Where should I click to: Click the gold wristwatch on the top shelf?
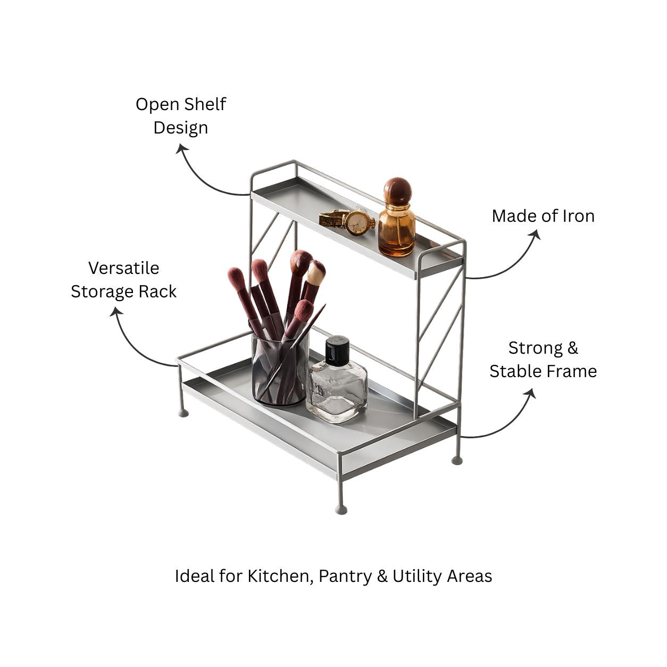click(x=347, y=221)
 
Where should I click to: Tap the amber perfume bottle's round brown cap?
click(x=398, y=191)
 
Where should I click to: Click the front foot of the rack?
click(x=341, y=510)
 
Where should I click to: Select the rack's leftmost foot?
click(x=184, y=413)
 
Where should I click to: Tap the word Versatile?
click(x=123, y=268)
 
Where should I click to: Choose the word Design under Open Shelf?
click(x=181, y=128)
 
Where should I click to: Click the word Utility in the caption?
click(x=417, y=577)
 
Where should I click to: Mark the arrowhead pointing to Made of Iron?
click(x=536, y=235)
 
